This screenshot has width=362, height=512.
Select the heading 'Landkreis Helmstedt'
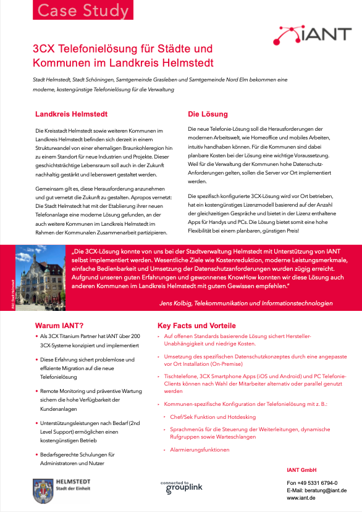coord(72,114)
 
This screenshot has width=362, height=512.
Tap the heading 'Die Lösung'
coord(208,114)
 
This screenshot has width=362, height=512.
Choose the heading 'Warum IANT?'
coord(60,325)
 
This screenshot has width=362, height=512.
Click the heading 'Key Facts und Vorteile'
coord(196,325)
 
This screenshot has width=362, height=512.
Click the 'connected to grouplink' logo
coord(181,488)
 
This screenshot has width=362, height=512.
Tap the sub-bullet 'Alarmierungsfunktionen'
coord(200,450)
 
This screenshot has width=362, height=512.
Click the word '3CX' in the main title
coord(45,48)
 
